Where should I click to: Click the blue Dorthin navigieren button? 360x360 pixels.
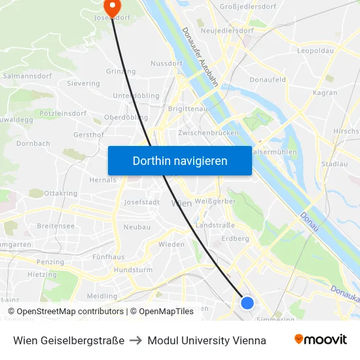[x=180, y=160]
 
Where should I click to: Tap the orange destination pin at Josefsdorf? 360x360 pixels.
[x=113, y=7]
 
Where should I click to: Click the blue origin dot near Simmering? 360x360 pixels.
[x=247, y=302]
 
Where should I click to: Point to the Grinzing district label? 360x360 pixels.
[x=120, y=71]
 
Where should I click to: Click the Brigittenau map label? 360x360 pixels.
[x=187, y=109]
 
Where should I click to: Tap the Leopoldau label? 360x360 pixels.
[x=315, y=50]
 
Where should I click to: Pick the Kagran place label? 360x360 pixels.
[x=325, y=93]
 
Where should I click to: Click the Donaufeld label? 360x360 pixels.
[x=268, y=80]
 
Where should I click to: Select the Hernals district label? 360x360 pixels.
[x=102, y=180]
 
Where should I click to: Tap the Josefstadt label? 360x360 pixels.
[x=142, y=202]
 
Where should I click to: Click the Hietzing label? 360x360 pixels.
[x=42, y=275]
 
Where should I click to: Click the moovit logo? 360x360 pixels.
[x=320, y=340]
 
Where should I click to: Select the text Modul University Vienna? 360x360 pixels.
[x=207, y=340]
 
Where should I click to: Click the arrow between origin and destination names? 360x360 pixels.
[x=136, y=340]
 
